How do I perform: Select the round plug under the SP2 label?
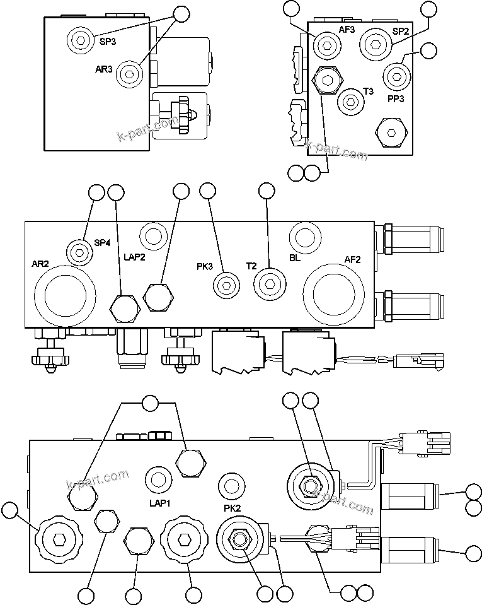[x=376, y=43]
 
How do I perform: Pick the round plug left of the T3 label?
[x=351, y=101]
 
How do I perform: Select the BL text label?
[x=296, y=258]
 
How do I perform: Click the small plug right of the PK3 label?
[x=225, y=285]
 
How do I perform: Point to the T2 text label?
[x=251, y=266]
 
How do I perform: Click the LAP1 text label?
[x=160, y=503]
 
